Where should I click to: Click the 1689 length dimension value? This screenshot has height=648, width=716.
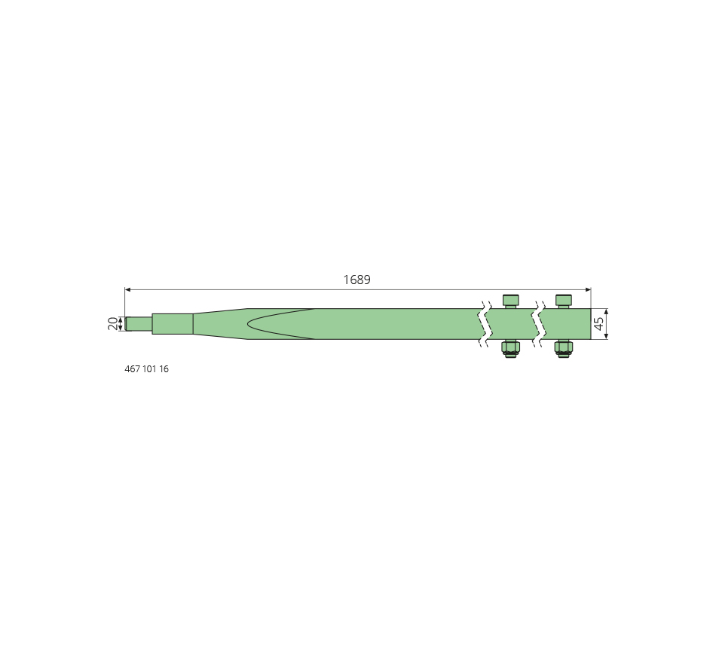tap(356, 280)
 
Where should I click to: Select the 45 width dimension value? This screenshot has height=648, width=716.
tap(598, 324)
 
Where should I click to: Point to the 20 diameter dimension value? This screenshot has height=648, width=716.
tap(112, 324)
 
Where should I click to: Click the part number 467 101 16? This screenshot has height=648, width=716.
tap(146, 369)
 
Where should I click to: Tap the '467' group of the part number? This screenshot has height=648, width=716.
tap(132, 369)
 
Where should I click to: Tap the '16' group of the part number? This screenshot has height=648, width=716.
tap(164, 369)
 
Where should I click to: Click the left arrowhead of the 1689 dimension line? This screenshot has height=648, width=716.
tap(128, 289)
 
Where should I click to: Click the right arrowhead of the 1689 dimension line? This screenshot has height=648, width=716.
tap(588, 289)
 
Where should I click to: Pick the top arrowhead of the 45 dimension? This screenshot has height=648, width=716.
tap(607, 312)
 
